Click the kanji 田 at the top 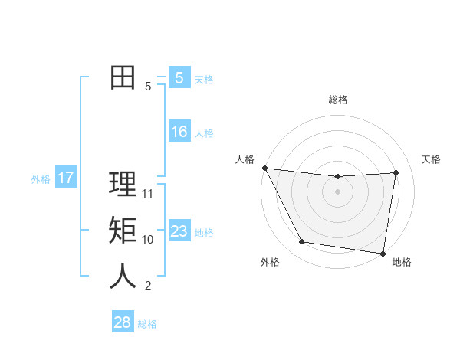pyautogui.click(x=123, y=77)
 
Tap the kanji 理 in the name pyautogui.click(x=123, y=185)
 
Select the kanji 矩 pyautogui.click(x=123, y=231)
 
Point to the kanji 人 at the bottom pyautogui.click(x=123, y=276)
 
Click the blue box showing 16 pyautogui.click(x=179, y=132)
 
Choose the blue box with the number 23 pyautogui.click(x=179, y=231)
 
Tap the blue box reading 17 pyautogui.click(x=65, y=178)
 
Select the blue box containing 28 pyautogui.click(x=122, y=322)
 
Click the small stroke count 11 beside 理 pyautogui.click(x=148, y=194)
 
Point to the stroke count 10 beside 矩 pyautogui.click(x=148, y=240)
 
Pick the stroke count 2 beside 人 pyautogui.click(x=148, y=286)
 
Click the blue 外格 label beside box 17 pyautogui.click(x=41, y=179)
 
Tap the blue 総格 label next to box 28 pyautogui.click(x=147, y=324)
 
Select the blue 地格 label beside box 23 pyautogui.click(x=204, y=233)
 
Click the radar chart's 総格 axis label pyautogui.click(x=338, y=100)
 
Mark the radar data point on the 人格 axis pyautogui.click(x=264, y=168)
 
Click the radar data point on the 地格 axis pyautogui.click(x=383, y=253)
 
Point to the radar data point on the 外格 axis pyautogui.click(x=302, y=242)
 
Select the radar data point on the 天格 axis pyautogui.click(x=396, y=172)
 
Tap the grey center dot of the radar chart pyautogui.click(x=337, y=191)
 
